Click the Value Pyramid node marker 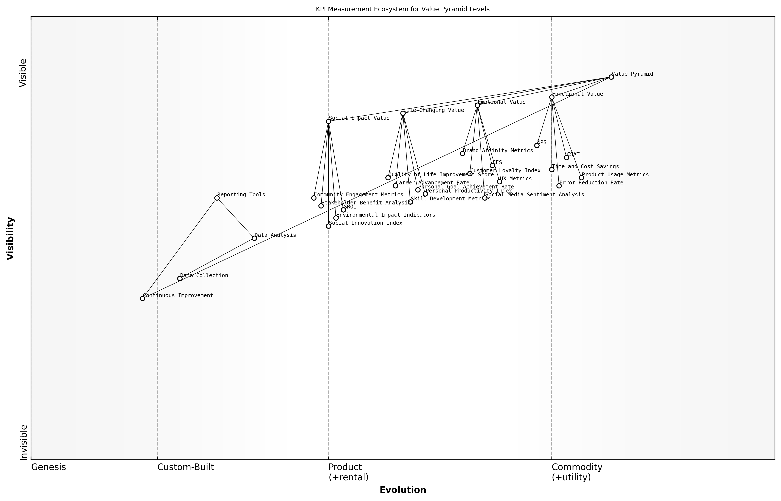(611, 77)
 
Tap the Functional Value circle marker (552, 97)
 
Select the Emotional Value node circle (477, 105)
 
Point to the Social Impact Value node (328, 121)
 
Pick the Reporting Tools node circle (217, 198)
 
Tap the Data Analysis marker (254, 238)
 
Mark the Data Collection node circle (180, 278)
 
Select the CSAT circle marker (566, 158)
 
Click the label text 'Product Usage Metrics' (615, 175)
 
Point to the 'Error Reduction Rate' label (591, 183)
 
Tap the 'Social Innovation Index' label (366, 223)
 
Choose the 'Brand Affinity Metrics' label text (498, 151)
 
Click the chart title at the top (402, 9)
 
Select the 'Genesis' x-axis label (48, 467)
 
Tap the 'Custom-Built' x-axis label (186, 467)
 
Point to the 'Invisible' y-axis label (23, 442)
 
